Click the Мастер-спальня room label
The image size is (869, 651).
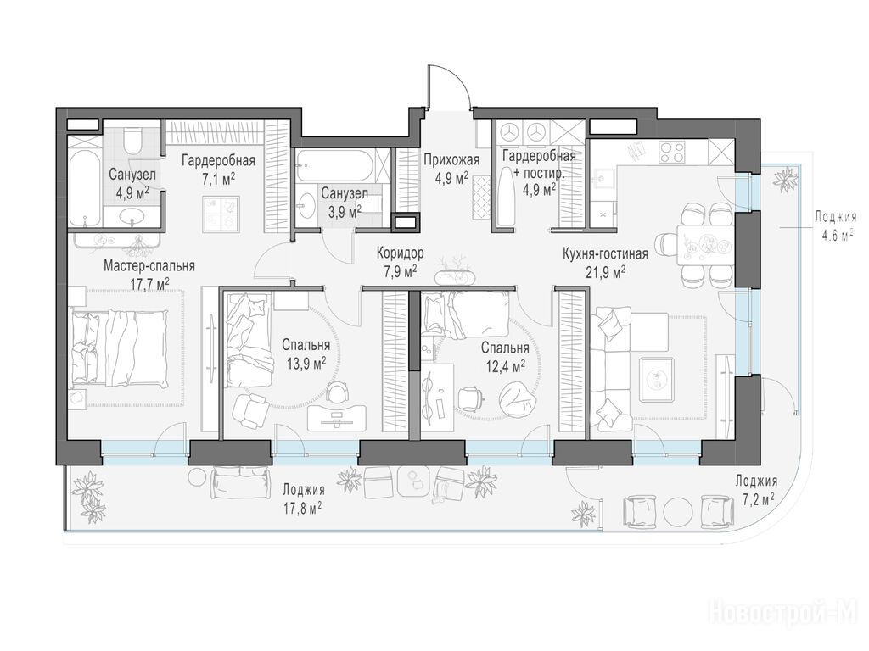(149, 265)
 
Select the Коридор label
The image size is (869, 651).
(401, 253)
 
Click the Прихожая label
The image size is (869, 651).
(451, 160)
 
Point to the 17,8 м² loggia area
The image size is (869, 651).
(303, 507)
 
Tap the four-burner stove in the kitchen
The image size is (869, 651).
(673, 151)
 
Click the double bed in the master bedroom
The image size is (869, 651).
(119, 348)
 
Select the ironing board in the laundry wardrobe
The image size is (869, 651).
(506, 197)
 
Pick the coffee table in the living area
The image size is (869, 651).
(657, 379)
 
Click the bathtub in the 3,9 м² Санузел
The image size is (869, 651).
(332, 166)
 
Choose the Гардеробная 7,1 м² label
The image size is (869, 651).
(218, 169)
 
